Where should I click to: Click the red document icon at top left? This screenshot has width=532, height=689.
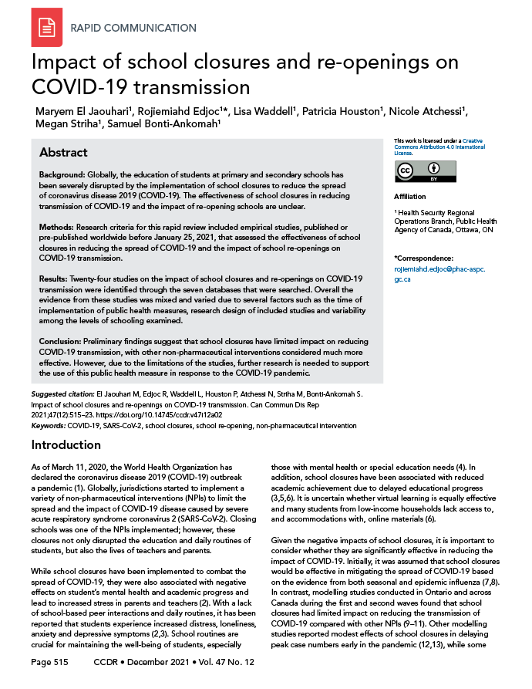coord(46,28)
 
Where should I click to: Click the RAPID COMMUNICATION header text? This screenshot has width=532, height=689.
coord(133,29)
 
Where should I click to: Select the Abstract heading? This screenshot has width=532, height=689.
coord(63,152)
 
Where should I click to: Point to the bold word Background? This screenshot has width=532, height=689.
coord(62,176)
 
